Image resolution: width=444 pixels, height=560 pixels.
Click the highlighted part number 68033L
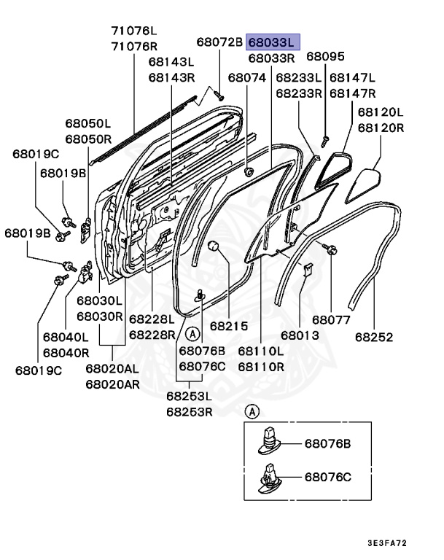[273, 42]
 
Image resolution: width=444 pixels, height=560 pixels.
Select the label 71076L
[133, 31]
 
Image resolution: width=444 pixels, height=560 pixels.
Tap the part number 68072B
[219, 42]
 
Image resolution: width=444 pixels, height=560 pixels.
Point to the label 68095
[324, 56]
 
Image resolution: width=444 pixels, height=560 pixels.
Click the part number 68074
[246, 77]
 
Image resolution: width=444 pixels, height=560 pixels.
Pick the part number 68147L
[352, 77]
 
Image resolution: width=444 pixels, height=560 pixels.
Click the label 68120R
[380, 128]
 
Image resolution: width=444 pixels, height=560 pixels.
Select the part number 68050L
[87, 123]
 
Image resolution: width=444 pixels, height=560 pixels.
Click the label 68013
[300, 335]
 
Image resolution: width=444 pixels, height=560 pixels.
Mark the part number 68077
[332, 319]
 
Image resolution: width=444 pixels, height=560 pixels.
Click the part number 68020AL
[111, 368]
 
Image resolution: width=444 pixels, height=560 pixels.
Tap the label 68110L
[260, 351]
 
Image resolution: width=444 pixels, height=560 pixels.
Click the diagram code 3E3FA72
[397, 543]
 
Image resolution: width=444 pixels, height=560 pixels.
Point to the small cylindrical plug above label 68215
[214, 246]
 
